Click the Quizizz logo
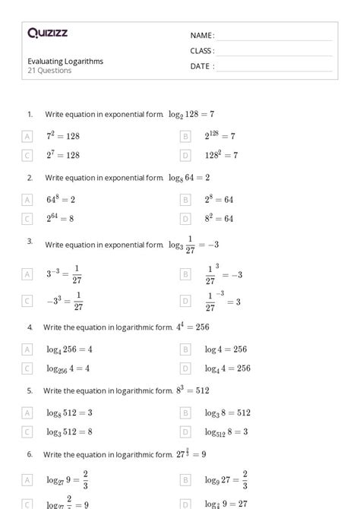pyautogui.click(x=47, y=33)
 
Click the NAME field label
pyautogui.click(x=201, y=36)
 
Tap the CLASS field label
pyautogui.click(x=202, y=51)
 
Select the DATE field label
pyautogui.click(x=201, y=66)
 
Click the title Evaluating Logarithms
pyautogui.click(x=65, y=61)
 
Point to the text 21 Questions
pyautogui.click(x=49, y=71)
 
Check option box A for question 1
pyautogui.click(x=27, y=137)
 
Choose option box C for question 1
pyautogui.click(x=27, y=155)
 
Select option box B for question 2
pyautogui.click(x=185, y=200)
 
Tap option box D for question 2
pyautogui.click(x=185, y=219)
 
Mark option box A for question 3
pyautogui.click(x=27, y=273)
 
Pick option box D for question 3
pyautogui.click(x=185, y=301)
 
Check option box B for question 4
pyautogui.click(x=185, y=349)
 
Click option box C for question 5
pyautogui.click(x=27, y=432)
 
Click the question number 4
pyautogui.click(x=30, y=327)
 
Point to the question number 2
pyautogui.click(x=30, y=178)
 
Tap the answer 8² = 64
pyautogui.click(x=219, y=219)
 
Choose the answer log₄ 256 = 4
pyautogui.click(x=69, y=349)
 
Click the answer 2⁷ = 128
pyautogui.click(x=63, y=155)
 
